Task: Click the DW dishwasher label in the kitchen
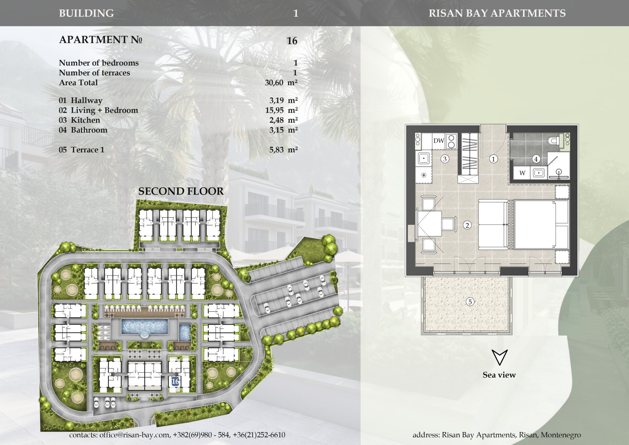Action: pyautogui.click(x=439, y=141)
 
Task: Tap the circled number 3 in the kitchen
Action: pyautogui.click(x=445, y=159)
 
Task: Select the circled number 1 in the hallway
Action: pyautogui.click(x=493, y=159)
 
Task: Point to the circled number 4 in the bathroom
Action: pyautogui.click(x=536, y=159)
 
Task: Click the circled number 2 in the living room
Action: pyautogui.click(x=467, y=225)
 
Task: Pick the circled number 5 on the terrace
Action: pyautogui.click(x=470, y=302)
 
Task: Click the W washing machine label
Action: pyautogui.click(x=522, y=173)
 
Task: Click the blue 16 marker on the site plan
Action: pyautogui.click(x=175, y=381)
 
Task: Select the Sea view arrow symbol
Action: pyautogui.click(x=500, y=357)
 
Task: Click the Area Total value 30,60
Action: pyautogui.click(x=274, y=83)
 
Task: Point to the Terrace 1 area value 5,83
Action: pyautogui.click(x=276, y=150)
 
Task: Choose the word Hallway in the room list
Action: pyautogui.click(x=87, y=101)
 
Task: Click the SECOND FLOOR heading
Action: pyautogui.click(x=181, y=191)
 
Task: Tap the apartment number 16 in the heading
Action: pyautogui.click(x=292, y=41)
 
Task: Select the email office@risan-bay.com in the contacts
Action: pyautogui.click(x=134, y=435)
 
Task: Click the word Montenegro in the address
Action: pyautogui.click(x=561, y=435)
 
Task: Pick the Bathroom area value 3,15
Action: pyautogui.click(x=276, y=130)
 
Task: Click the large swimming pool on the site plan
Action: pyautogui.click(x=144, y=327)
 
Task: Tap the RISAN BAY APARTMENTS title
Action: pyautogui.click(x=497, y=13)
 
